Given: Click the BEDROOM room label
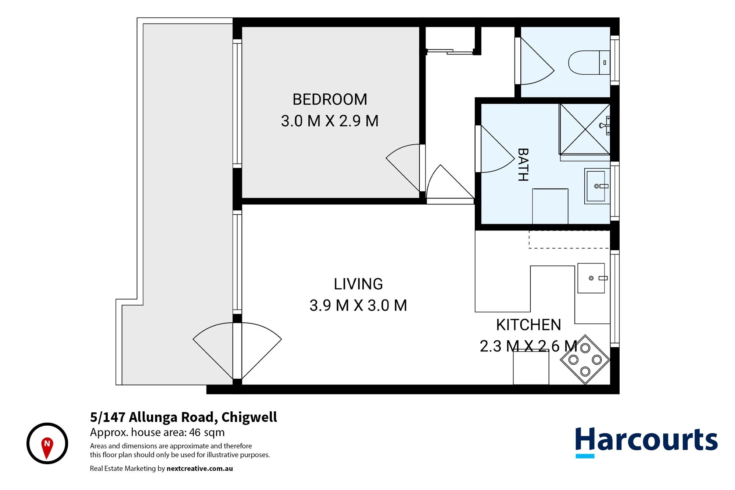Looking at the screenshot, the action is point(330,99).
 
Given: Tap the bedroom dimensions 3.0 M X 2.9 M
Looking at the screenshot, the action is point(330,121).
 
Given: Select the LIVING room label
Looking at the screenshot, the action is point(358,284).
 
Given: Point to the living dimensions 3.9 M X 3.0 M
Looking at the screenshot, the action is point(358,305).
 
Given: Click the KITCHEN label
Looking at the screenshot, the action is point(528,325).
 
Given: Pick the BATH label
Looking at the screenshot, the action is point(523,165).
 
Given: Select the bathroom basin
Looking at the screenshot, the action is point(597,186).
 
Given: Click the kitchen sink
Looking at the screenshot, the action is point(591,278).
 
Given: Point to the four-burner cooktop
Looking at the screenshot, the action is point(585,360).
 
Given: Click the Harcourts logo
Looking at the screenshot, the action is point(646,442).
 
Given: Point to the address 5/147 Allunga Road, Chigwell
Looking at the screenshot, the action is point(183,417).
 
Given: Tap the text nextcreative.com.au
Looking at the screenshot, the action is point(200,468).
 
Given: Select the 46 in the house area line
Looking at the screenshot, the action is point(195,432).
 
